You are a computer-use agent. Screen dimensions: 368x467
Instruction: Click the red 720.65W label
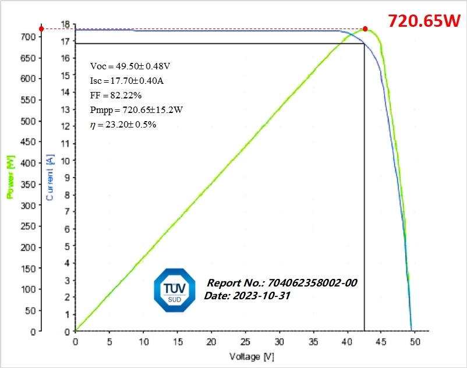pyautogui.click(x=424, y=21)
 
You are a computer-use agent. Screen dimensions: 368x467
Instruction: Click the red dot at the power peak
pyautogui.click(x=365, y=29)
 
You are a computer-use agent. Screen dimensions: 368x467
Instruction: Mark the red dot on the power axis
pyautogui.click(x=41, y=29)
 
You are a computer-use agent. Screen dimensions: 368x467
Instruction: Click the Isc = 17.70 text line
pyautogui.click(x=128, y=81)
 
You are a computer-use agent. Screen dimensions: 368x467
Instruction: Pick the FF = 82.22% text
pyautogui.click(x=116, y=95)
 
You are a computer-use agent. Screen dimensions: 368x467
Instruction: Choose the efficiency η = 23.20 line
pyautogui.click(x=123, y=125)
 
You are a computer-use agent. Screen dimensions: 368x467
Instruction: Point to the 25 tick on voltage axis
pyautogui.click(x=245, y=342)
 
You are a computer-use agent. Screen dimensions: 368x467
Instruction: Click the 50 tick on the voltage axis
pyautogui.click(x=415, y=342)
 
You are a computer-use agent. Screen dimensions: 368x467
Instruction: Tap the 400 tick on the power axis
pyautogui.click(x=29, y=163)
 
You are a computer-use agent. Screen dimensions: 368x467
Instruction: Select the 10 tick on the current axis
pyautogui.click(x=66, y=161)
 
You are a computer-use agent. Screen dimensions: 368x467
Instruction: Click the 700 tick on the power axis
pyautogui.click(x=29, y=37)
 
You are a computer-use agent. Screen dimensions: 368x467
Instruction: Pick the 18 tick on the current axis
pyautogui.click(x=66, y=24)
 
